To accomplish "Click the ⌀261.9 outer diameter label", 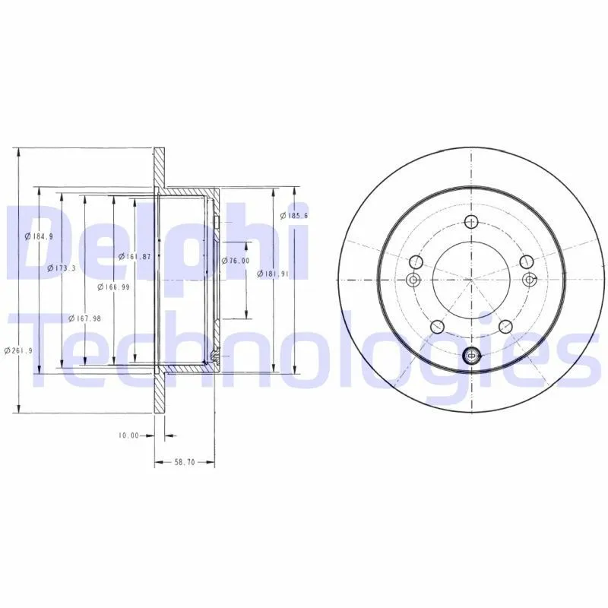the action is point(17,350).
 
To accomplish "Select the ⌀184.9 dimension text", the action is point(39,236).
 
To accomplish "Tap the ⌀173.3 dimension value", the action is point(62,268).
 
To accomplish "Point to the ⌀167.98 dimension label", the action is point(84,318).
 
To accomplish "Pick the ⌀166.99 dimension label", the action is point(113,287).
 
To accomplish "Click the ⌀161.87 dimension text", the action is point(135,256).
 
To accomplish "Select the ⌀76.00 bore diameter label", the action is point(236,261).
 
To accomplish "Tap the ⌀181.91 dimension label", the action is point(274,274).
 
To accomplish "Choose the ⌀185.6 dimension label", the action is point(294,215).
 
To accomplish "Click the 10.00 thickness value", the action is point(128,435).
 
